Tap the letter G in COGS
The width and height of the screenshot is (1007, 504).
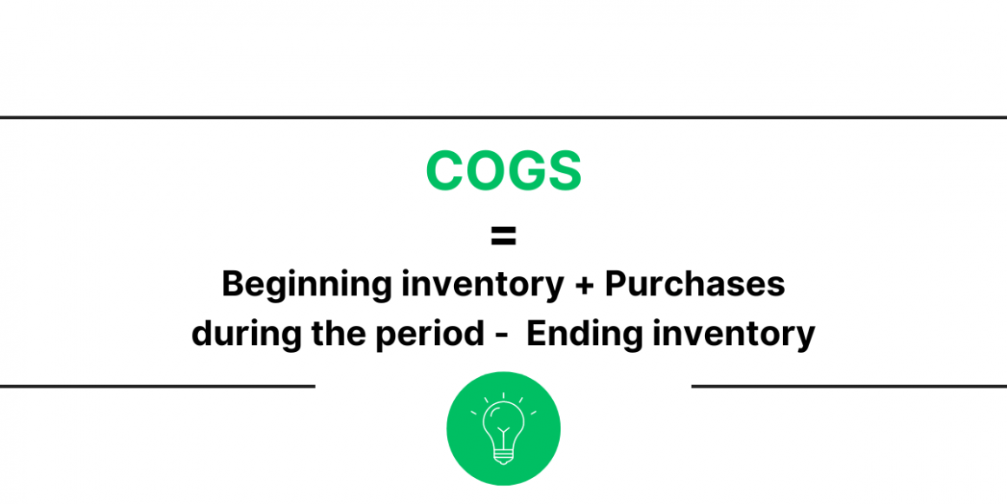tap(523, 171)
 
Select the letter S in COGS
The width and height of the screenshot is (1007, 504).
tap(563, 171)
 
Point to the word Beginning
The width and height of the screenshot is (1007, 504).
tap(294, 285)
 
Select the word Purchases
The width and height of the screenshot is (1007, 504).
tap(694, 284)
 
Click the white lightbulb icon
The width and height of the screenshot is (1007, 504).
tap(503, 428)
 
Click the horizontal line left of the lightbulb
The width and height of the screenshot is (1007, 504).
tap(157, 386)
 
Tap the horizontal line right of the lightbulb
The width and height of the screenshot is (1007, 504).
tap(849, 386)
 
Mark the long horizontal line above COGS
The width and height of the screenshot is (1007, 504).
tap(503, 117)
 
